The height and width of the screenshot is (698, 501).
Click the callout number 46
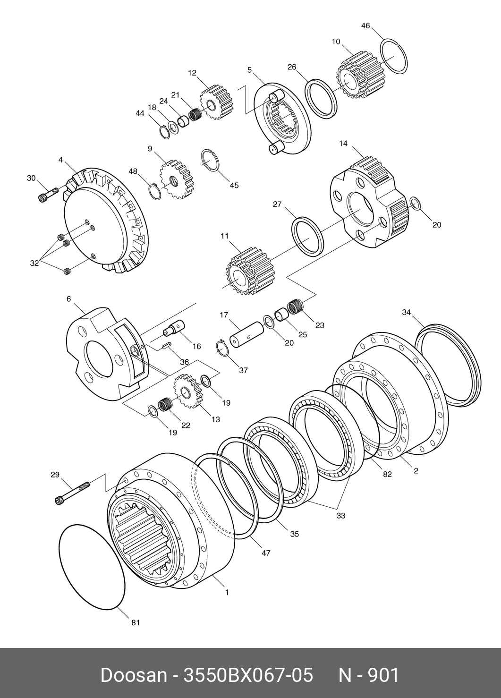click(x=365, y=26)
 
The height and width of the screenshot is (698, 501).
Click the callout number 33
click(x=340, y=516)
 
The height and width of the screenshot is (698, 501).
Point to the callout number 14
click(x=343, y=143)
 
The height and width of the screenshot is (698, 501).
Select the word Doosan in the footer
click(x=133, y=675)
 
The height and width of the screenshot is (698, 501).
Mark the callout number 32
click(x=34, y=263)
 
